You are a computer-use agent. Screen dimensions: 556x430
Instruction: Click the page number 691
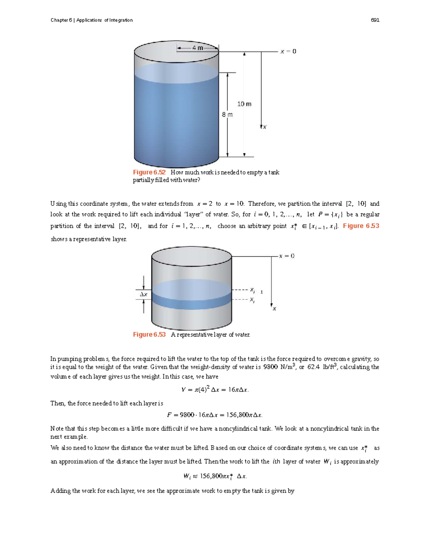point(375,20)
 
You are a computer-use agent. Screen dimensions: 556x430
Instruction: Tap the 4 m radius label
point(197,48)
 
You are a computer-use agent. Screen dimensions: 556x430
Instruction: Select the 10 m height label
point(244,104)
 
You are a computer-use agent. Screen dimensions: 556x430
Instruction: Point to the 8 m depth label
point(227,115)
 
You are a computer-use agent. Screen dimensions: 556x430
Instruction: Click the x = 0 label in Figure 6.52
point(288,52)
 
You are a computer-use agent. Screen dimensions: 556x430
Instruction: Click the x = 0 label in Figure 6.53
point(287,256)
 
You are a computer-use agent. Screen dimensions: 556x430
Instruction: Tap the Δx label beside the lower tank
point(143,294)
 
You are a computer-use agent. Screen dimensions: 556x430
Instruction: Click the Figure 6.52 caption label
point(149,172)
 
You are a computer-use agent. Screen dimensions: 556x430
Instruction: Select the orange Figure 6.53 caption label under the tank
point(149,334)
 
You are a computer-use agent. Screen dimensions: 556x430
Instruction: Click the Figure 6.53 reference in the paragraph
point(361,226)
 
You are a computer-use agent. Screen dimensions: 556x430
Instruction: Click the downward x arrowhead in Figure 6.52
point(261,126)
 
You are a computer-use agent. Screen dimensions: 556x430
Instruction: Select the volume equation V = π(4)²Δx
point(215,390)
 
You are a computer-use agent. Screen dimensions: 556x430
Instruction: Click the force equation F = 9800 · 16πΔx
point(215,415)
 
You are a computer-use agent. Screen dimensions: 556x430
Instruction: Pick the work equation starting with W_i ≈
point(215,476)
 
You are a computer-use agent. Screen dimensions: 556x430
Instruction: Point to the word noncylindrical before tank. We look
point(237,429)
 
